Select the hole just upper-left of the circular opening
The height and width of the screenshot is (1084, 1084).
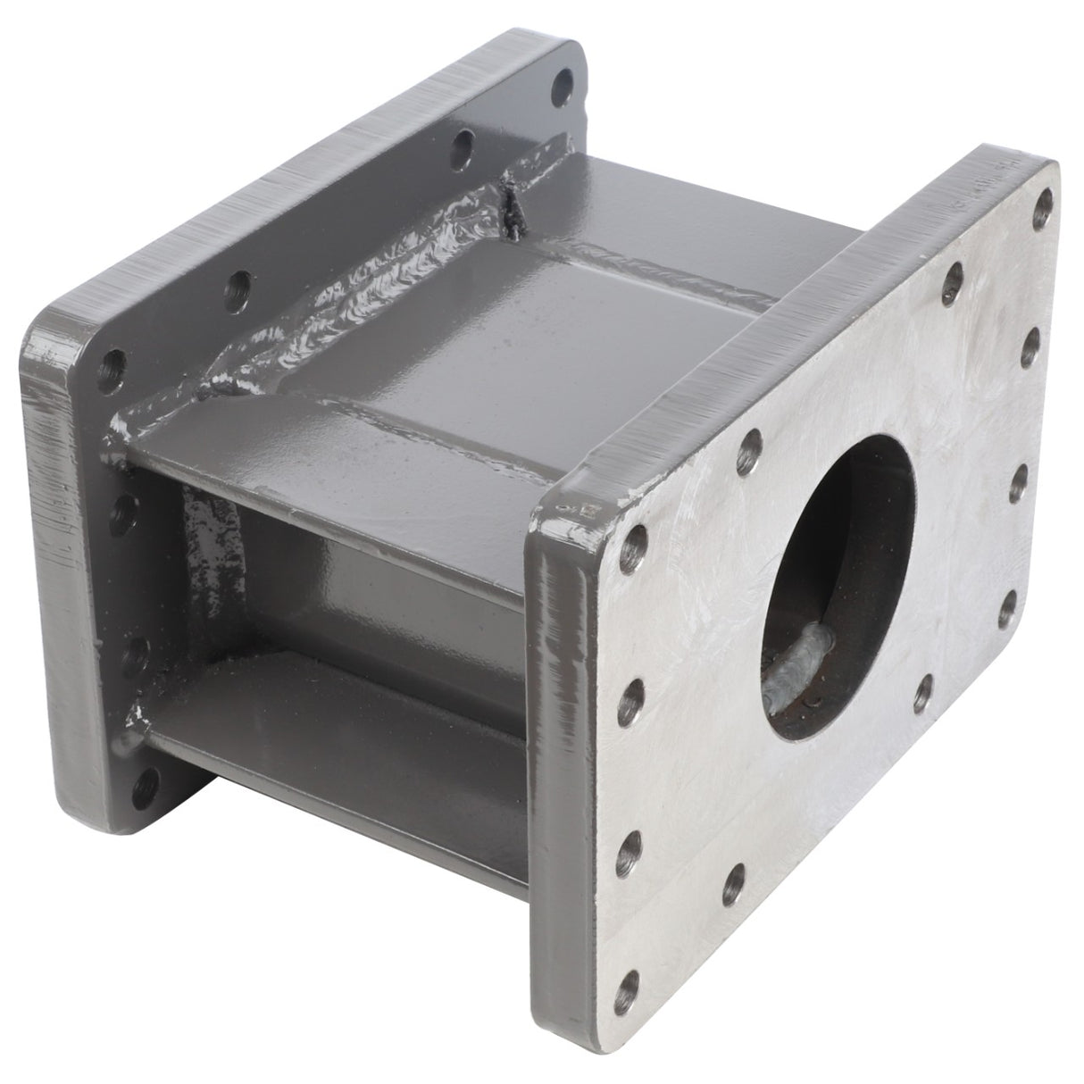click(x=754, y=441)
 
